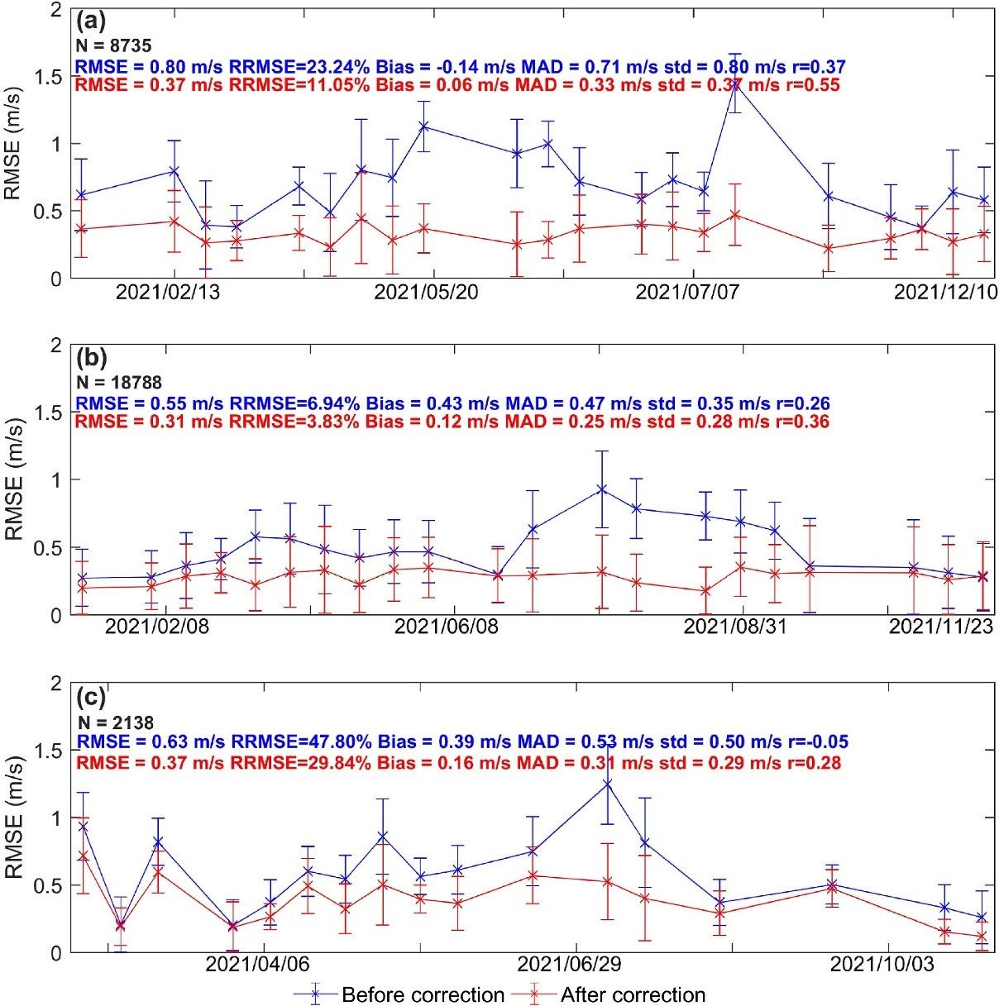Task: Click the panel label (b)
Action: [89, 358]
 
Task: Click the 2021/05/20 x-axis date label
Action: [425, 293]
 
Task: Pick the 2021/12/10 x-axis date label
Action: [946, 293]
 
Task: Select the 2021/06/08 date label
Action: [446, 627]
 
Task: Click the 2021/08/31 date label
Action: [734, 627]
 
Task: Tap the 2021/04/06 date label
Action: [257, 965]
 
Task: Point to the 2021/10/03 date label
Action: [882, 965]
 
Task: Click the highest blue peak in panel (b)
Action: [602, 489]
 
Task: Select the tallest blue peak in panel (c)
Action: [607, 784]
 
